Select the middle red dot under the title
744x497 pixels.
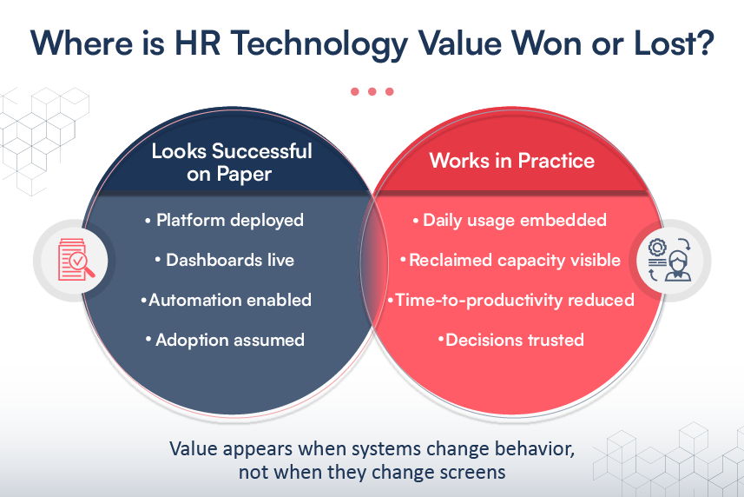pos(372,91)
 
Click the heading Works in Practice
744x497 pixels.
pos(512,160)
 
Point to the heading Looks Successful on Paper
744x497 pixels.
pos(231,162)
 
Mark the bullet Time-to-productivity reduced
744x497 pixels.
pos(511,300)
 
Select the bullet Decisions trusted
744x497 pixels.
pos(511,340)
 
